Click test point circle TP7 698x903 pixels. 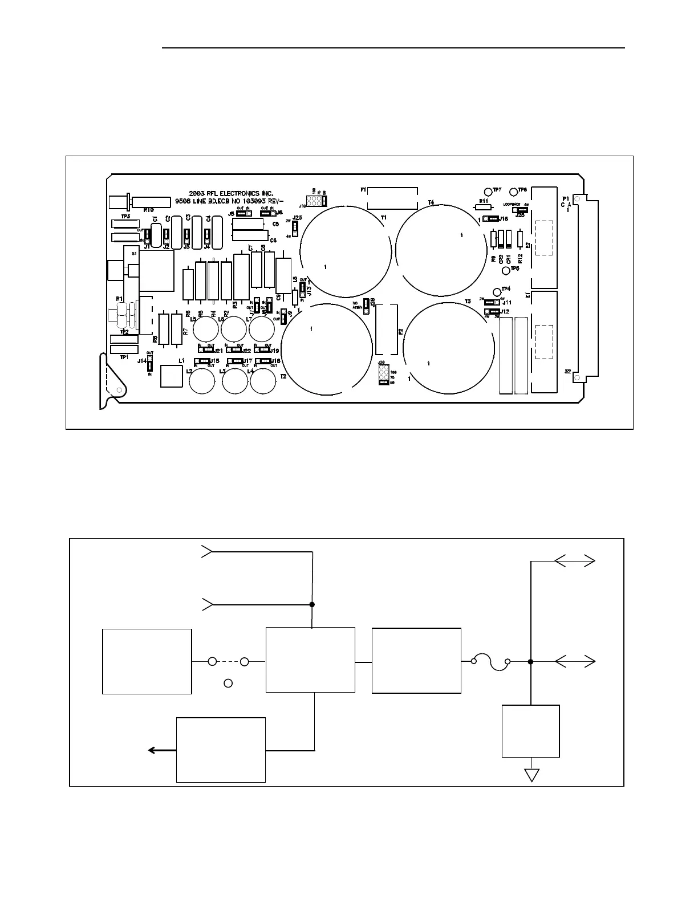[x=488, y=192]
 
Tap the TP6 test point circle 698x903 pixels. [x=513, y=192]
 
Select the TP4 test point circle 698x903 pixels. [x=496, y=292]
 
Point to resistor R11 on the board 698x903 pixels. [x=482, y=208]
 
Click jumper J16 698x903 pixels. [x=490, y=218]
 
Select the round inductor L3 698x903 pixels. [x=234, y=381]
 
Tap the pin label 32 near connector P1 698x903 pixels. [x=568, y=372]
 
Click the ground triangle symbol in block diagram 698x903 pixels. [x=531, y=775]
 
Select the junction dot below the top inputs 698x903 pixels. [x=312, y=604]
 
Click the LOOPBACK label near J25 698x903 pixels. [x=512, y=204]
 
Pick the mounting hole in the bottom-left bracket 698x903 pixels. [x=119, y=391]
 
